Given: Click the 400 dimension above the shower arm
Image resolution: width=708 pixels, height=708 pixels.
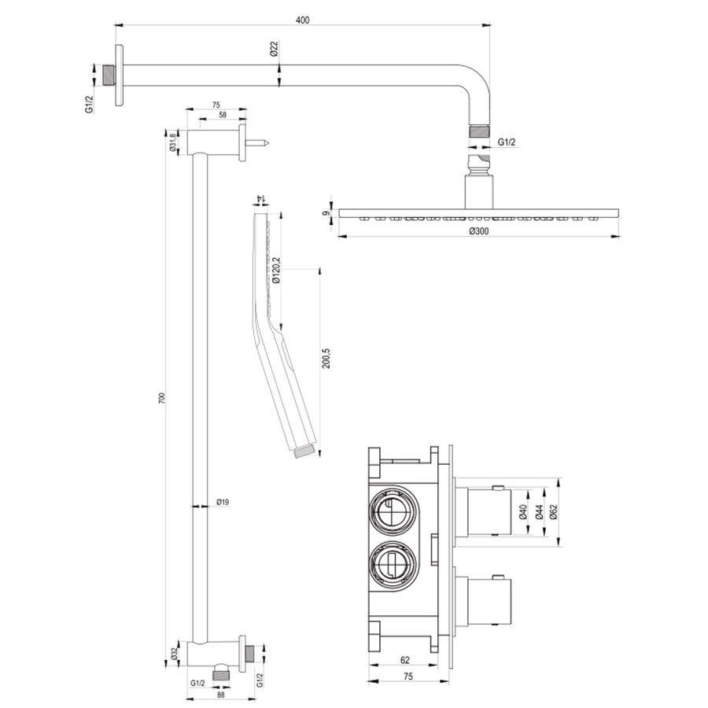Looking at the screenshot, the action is click(x=301, y=20).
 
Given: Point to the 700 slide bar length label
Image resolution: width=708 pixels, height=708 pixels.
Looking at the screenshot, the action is click(x=162, y=398).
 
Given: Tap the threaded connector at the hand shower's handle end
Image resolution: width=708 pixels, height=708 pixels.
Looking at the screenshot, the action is click(x=306, y=452).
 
